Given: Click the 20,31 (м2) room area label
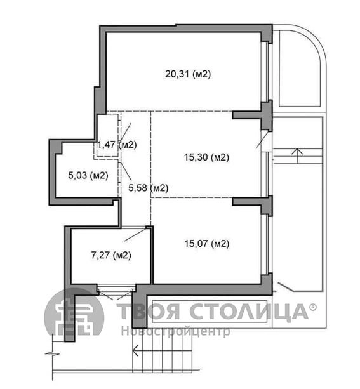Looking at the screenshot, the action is coord(188,74).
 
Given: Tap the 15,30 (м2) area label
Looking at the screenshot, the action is coord(206,157).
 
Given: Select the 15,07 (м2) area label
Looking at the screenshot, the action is coord(206,244).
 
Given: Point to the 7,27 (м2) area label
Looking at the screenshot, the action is coord(111,254).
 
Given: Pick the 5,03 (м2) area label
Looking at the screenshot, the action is coord(88,175).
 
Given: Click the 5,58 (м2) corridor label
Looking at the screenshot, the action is coord(148,188).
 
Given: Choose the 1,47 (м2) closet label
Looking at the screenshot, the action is coord(117,145).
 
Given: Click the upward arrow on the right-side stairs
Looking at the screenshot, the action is coord(297,156).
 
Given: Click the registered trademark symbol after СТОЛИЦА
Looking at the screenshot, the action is coord(313,307).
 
